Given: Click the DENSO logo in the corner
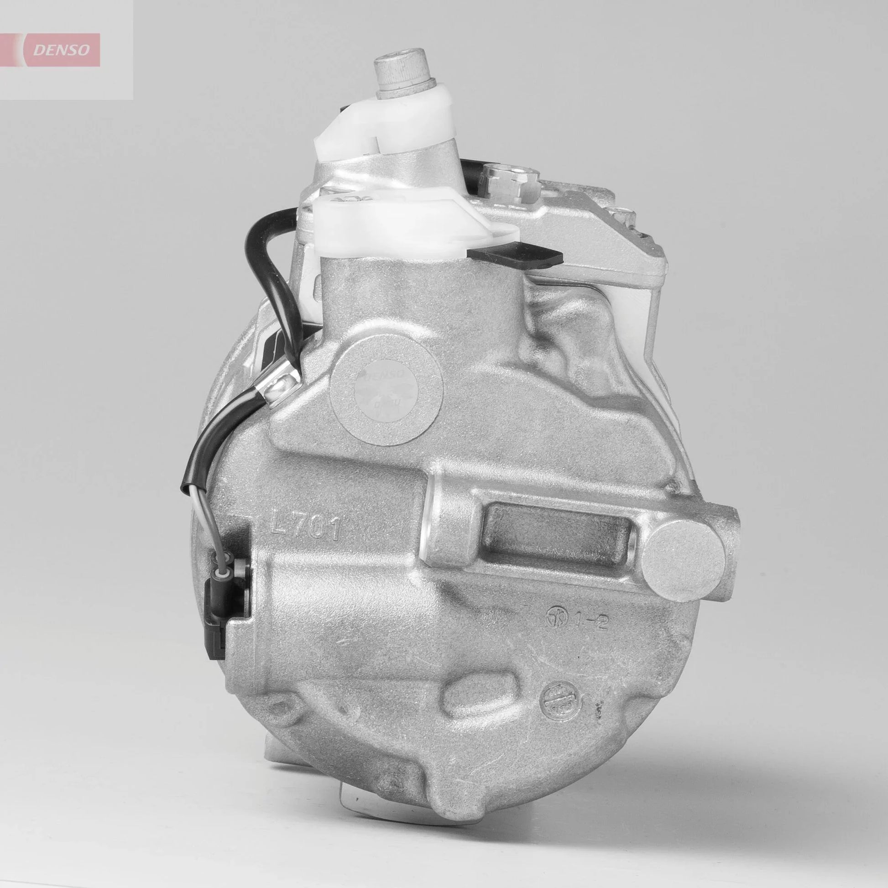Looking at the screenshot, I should (64, 50).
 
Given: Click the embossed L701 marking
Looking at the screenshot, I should (306, 527).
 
